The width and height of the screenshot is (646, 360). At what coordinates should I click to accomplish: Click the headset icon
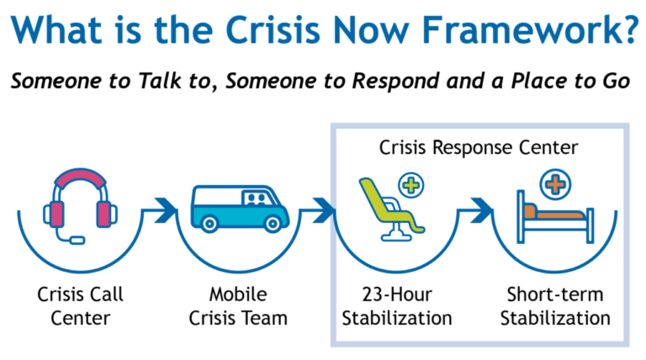(x=81, y=207)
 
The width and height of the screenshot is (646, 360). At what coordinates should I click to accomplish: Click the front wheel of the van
(x=272, y=223)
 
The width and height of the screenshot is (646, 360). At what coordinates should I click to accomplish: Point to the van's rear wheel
(x=209, y=223)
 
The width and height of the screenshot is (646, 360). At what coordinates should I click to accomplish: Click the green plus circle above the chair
(x=411, y=185)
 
